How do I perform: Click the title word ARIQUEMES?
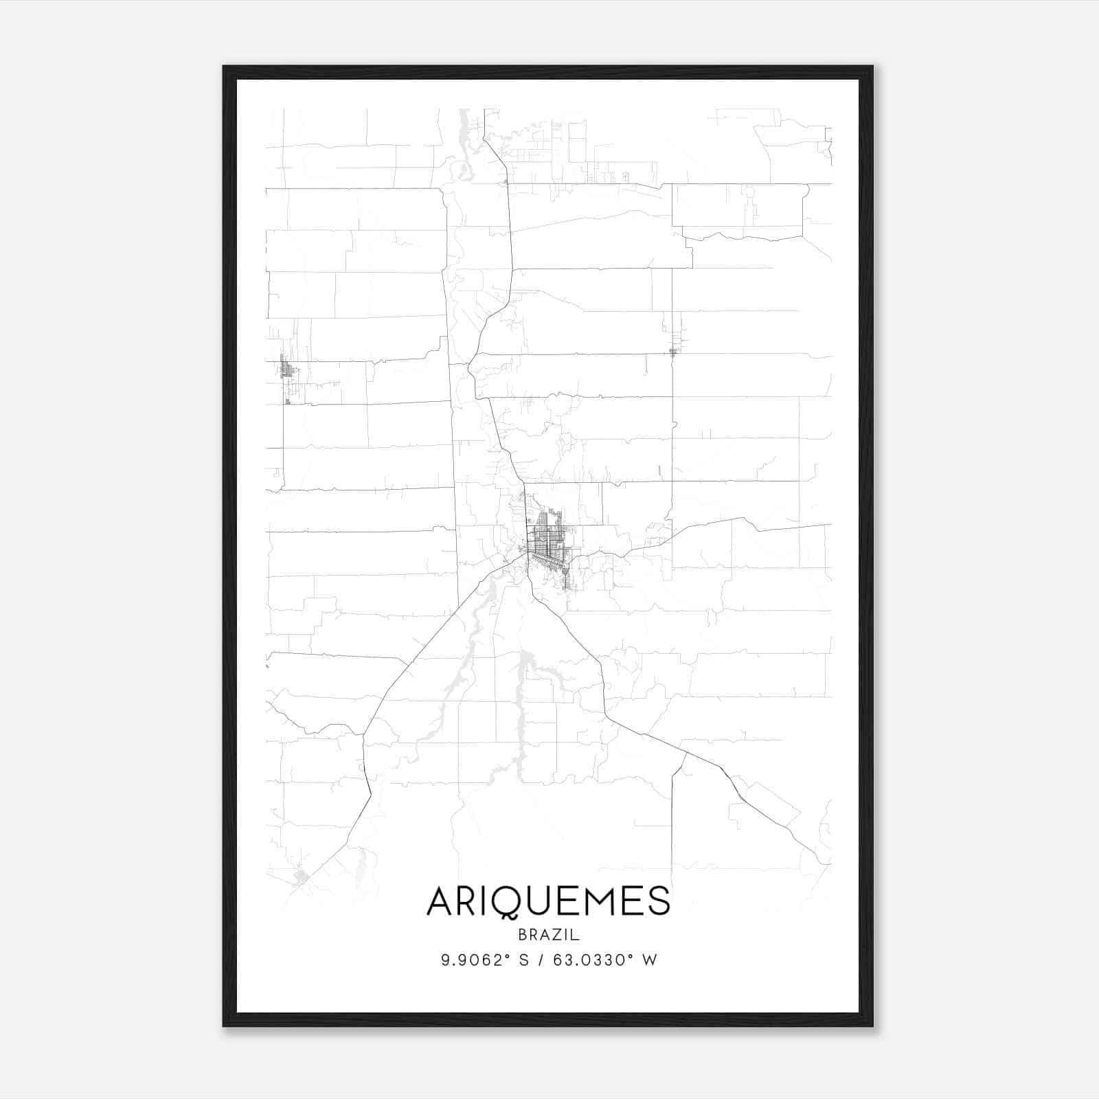(548, 900)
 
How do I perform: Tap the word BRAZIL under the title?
(549, 935)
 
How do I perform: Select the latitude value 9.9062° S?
(485, 960)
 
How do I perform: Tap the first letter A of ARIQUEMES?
(440, 900)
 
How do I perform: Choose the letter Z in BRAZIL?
(557, 935)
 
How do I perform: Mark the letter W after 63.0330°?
(650, 960)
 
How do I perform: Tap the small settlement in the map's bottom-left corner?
(300, 877)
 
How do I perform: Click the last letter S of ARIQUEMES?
(659, 900)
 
